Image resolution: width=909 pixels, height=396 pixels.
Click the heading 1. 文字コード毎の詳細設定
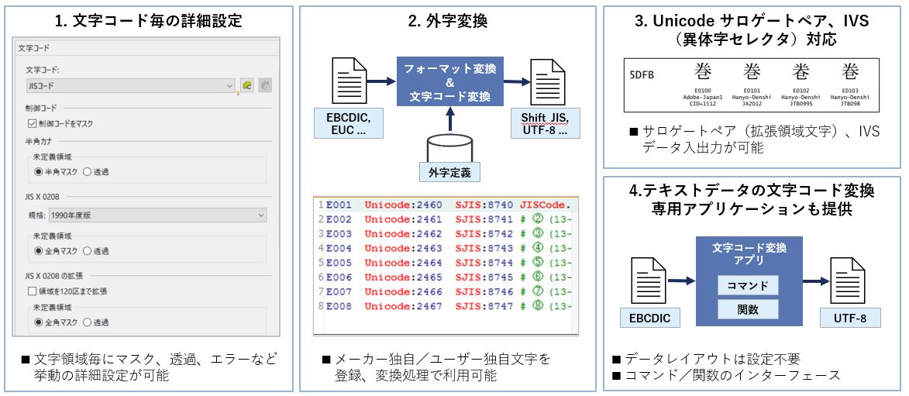(148, 21)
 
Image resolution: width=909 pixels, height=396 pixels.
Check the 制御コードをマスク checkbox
(32, 123)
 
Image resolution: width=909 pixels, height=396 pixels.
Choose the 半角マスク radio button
(39, 171)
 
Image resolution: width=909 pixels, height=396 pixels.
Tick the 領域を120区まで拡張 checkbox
(32, 291)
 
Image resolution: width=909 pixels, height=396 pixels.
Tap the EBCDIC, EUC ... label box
(349, 123)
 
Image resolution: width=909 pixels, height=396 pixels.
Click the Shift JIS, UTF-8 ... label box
(545, 123)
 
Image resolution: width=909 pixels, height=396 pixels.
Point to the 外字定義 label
(448, 171)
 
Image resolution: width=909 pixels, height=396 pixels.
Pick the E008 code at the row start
(339, 306)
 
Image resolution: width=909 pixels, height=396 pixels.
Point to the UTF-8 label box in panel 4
(849, 317)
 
